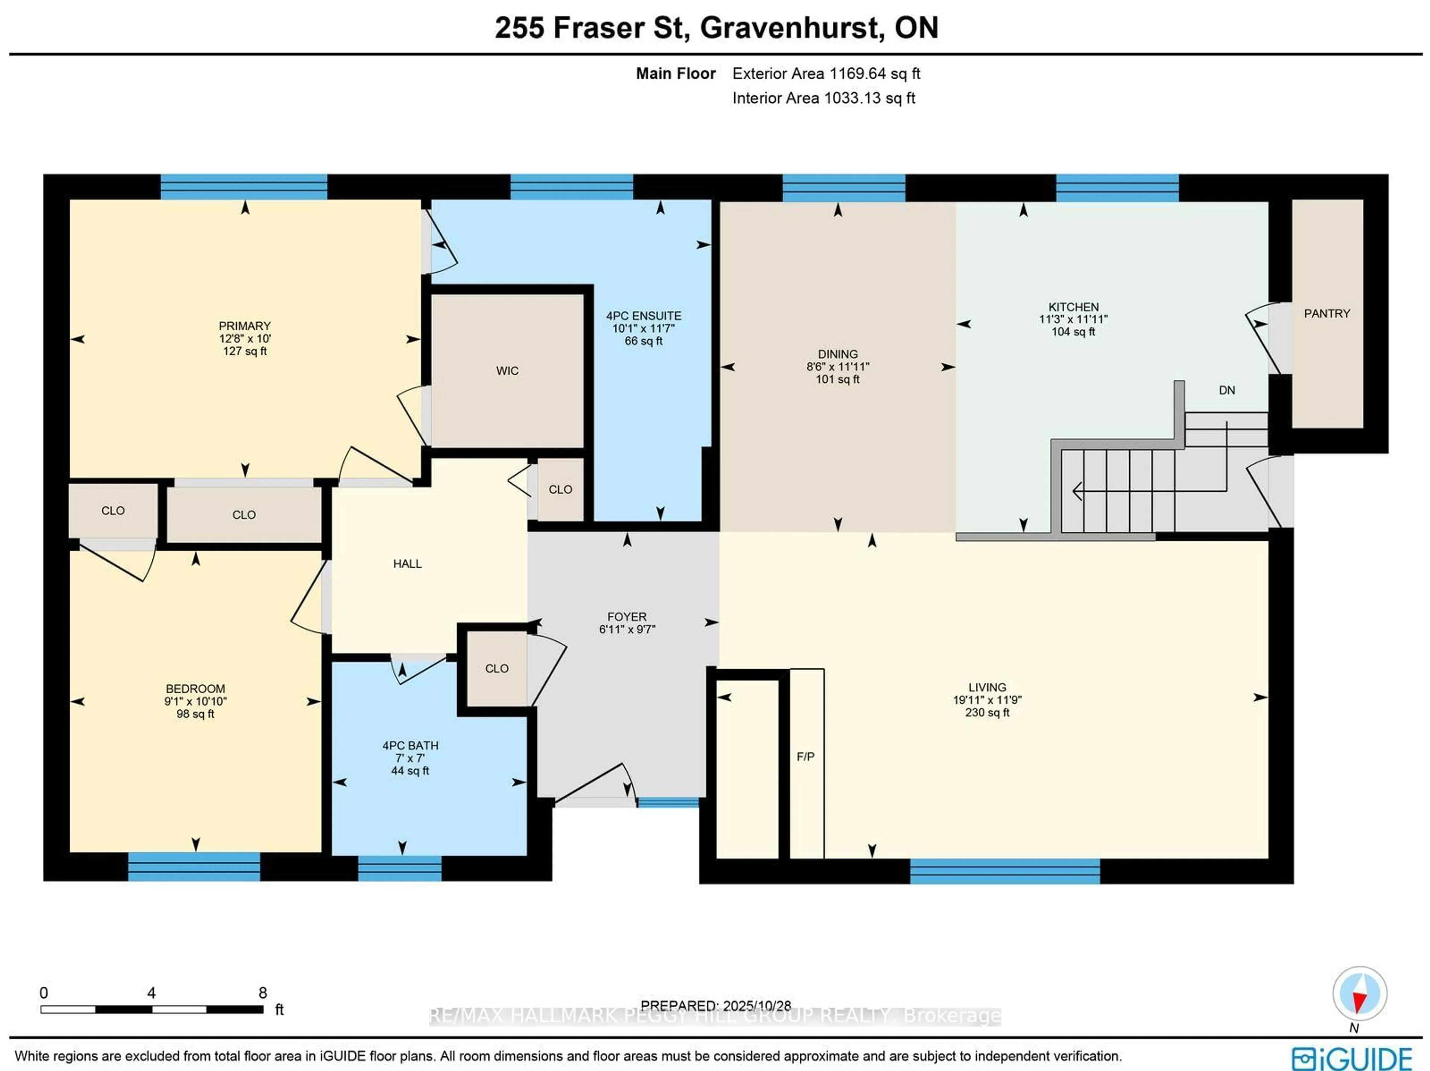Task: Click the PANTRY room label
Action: point(1326,314)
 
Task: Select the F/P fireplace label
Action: point(805,756)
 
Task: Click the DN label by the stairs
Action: point(1226,390)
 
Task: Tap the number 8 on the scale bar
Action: point(263,993)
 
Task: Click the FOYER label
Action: point(626,617)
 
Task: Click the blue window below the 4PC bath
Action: point(400,868)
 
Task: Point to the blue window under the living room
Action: point(1005,871)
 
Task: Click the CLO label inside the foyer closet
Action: point(496,668)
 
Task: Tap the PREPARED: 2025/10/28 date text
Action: point(716,1006)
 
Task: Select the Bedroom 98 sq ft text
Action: point(195,714)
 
